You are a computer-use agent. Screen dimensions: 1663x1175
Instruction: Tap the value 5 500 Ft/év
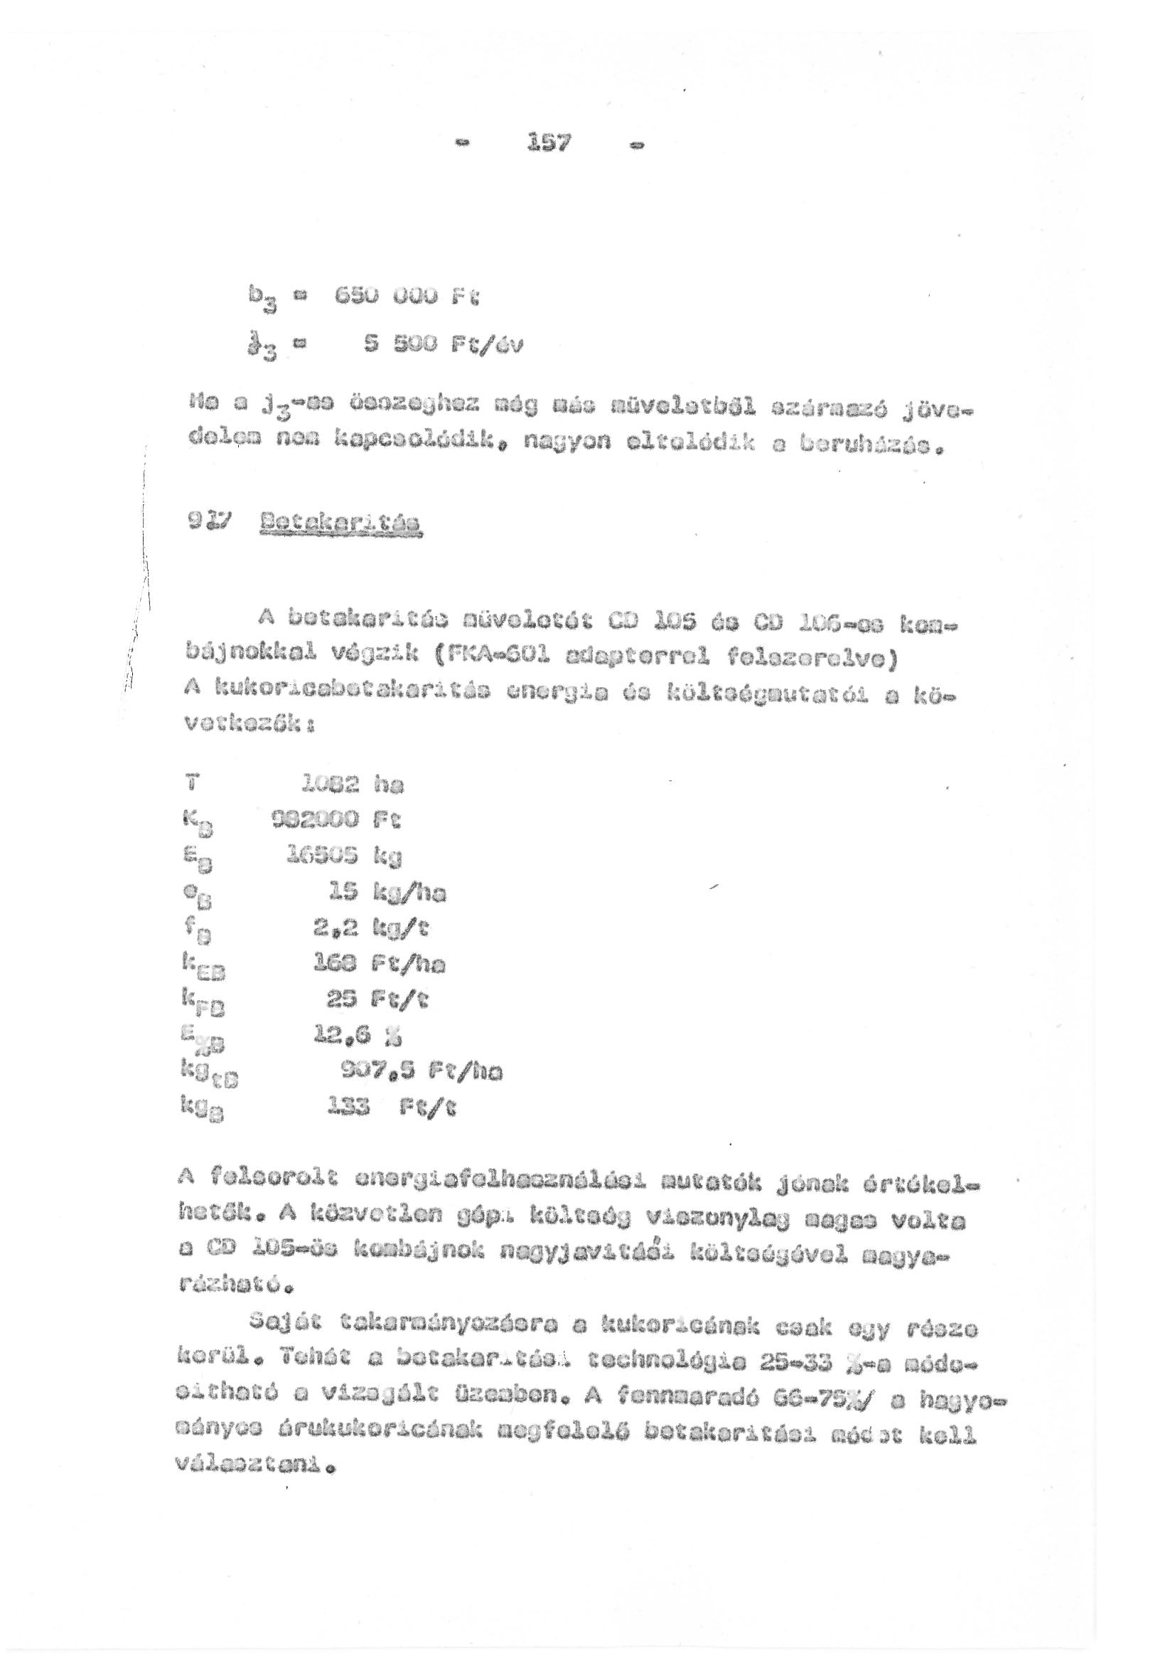click(x=442, y=345)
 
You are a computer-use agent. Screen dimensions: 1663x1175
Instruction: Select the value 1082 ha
click(x=351, y=785)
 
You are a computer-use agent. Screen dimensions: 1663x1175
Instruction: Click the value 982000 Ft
click(x=336, y=820)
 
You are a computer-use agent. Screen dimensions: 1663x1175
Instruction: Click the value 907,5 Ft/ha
click(x=421, y=1072)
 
